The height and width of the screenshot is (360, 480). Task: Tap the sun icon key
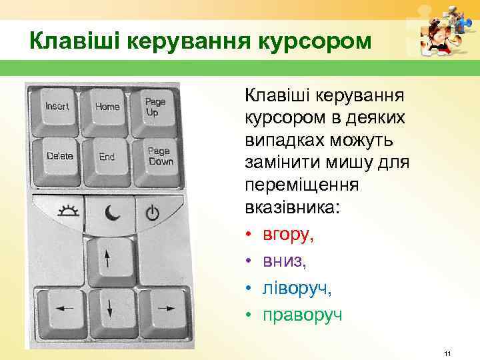[x=67, y=212]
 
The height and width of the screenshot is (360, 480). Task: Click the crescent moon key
[x=110, y=213]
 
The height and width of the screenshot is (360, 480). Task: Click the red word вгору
[x=287, y=234]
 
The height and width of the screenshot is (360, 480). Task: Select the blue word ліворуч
[x=297, y=287]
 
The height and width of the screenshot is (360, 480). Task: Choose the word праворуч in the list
[x=303, y=314]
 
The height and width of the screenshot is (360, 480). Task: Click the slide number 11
[x=447, y=352]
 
